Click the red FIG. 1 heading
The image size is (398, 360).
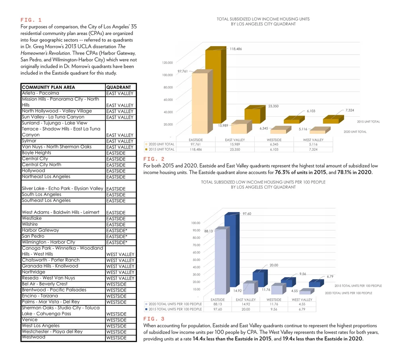31,20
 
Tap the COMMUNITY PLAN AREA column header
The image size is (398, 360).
48,87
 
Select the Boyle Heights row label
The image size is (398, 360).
37,153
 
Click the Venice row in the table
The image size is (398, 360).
30,320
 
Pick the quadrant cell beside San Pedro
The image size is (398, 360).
117,237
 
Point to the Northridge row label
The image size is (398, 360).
33,272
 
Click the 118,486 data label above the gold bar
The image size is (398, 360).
236,49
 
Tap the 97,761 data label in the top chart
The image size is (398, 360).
182,71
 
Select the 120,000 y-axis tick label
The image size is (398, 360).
167,63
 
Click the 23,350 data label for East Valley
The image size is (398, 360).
273,106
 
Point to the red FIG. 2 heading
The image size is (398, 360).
153,159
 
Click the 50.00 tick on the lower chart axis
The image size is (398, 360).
195,260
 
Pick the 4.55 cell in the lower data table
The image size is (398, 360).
302,304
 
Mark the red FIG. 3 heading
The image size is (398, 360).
153,319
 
